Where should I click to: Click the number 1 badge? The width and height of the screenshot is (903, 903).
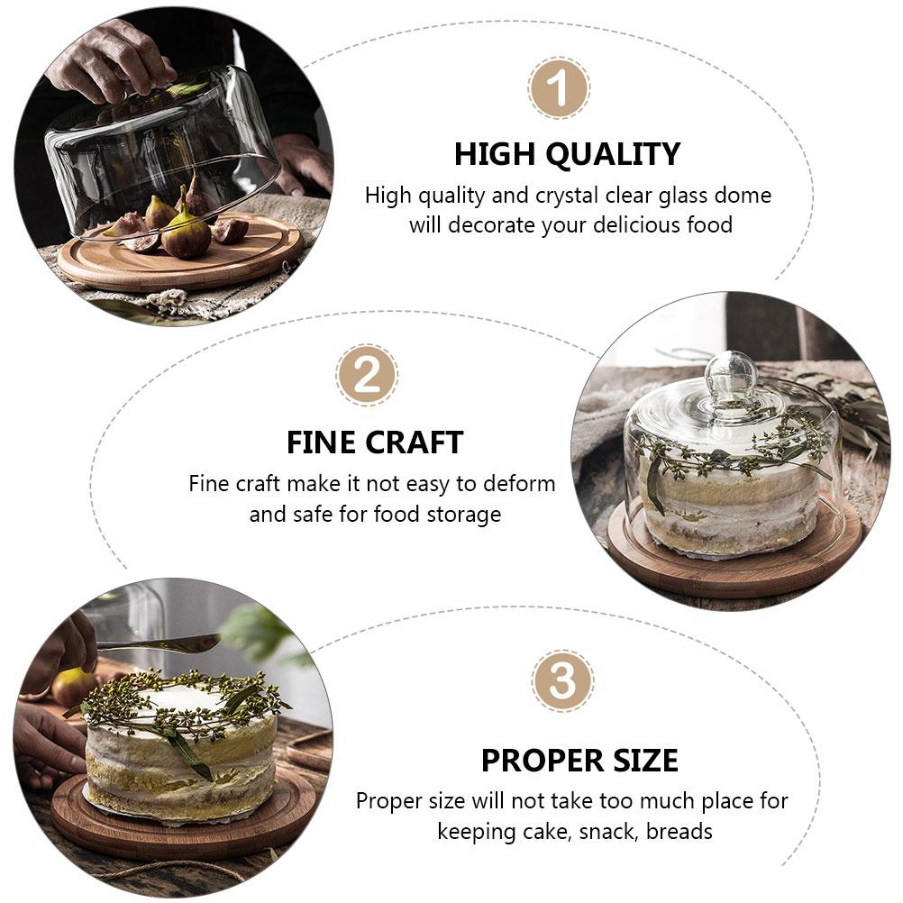tap(559, 88)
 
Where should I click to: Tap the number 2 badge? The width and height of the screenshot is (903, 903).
tap(367, 375)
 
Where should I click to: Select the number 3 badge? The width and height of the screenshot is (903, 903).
tap(562, 681)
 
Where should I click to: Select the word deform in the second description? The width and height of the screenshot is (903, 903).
tap(518, 484)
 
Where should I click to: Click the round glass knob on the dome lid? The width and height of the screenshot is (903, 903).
tap(731, 374)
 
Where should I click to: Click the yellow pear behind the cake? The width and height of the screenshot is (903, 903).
tap(72, 687)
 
